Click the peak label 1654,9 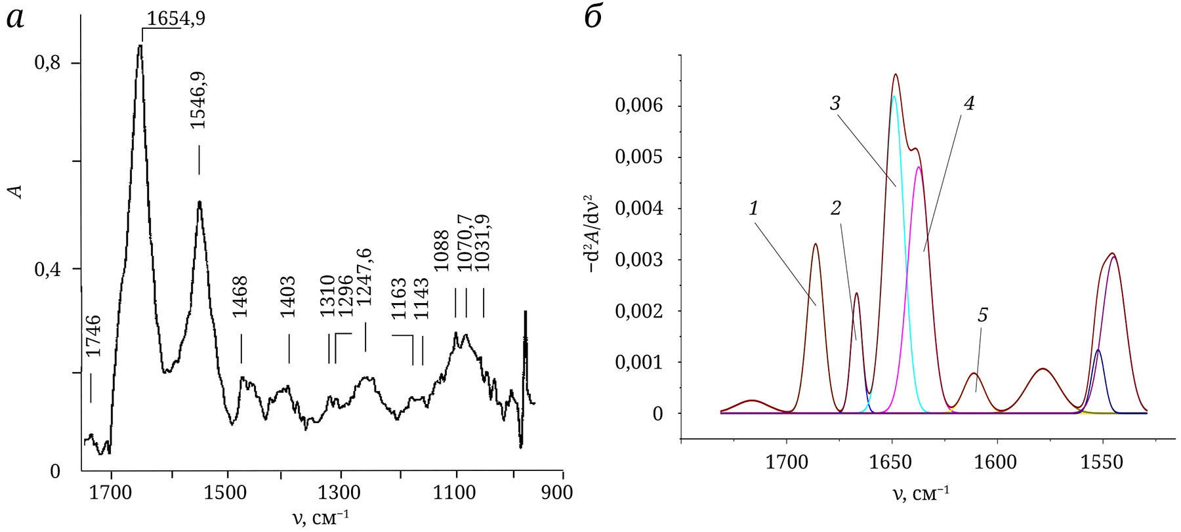click(175, 18)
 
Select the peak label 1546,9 click(197, 100)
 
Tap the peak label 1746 click(94, 336)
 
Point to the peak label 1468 click(241, 297)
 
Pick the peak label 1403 click(288, 297)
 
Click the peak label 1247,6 click(364, 277)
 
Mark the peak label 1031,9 click(482, 243)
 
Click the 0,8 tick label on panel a click(47, 63)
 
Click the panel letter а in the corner click(16, 18)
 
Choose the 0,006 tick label click(639, 106)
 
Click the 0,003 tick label click(639, 260)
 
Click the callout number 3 click(835, 104)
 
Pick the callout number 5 click(982, 316)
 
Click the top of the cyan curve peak click(894, 96)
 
